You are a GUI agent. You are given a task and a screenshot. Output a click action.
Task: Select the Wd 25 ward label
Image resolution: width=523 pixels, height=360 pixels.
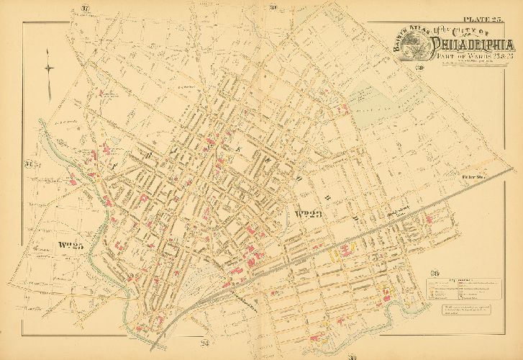coord(69,246)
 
